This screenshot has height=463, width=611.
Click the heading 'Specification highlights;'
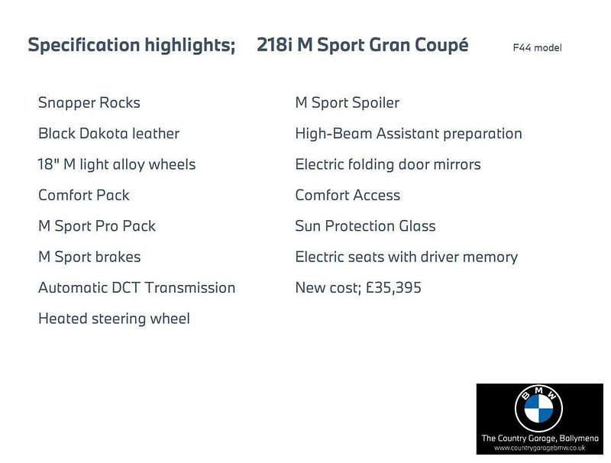[x=131, y=45]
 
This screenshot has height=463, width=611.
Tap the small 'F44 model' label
[x=537, y=48]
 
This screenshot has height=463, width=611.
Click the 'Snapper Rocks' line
[x=89, y=102]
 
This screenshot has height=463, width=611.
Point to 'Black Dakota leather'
[x=108, y=134]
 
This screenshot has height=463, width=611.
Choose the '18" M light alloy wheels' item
[x=117, y=164]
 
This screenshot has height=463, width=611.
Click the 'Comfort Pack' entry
[x=84, y=195]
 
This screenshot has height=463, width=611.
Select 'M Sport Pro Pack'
[x=97, y=226]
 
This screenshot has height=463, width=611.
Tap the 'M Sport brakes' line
[x=89, y=257]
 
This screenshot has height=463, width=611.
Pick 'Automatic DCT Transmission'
[x=137, y=288]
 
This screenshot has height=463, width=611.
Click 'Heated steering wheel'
[x=114, y=319]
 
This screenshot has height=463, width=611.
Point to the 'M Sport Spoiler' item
[x=347, y=102]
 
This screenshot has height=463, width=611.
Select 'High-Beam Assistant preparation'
[x=409, y=134]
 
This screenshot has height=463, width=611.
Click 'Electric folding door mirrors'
[x=388, y=164]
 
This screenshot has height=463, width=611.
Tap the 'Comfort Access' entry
[x=348, y=195]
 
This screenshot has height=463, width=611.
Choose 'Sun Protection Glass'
[x=365, y=226]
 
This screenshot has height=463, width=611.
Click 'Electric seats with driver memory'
[x=406, y=257]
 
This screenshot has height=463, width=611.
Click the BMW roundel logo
[x=538, y=409]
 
